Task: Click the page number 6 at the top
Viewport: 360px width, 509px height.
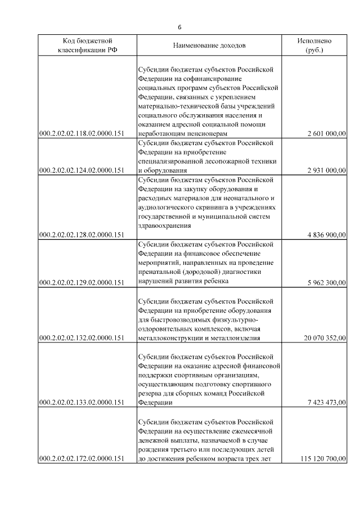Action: [x=179, y=28]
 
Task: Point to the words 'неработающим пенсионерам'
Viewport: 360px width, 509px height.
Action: [x=183, y=133]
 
